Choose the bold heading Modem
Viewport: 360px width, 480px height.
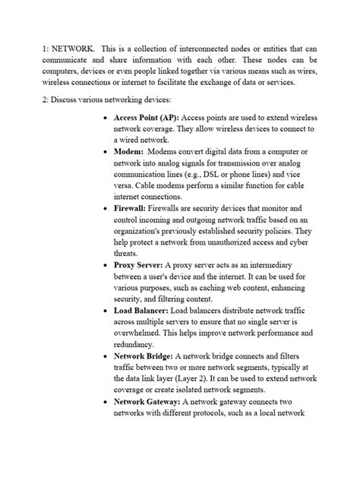click(133, 152)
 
